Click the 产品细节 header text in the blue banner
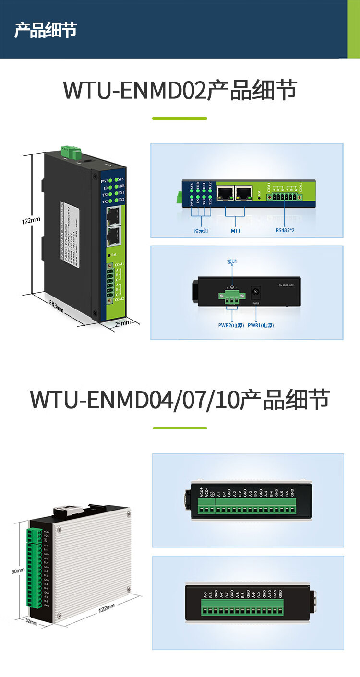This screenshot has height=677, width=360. [x=46, y=30]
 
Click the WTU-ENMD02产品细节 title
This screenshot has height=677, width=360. [x=180, y=90]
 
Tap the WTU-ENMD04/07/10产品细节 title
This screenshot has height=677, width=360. [x=180, y=399]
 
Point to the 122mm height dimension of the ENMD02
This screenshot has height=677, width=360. [x=31, y=221]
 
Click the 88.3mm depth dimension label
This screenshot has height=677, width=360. [x=56, y=306]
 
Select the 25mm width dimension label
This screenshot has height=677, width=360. [x=122, y=323]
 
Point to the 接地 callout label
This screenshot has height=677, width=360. [x=232, y=261]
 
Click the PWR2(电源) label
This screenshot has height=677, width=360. [x=231, y=325]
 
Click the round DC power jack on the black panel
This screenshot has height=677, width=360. [x=256, y=292]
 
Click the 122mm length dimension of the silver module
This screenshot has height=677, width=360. [x=106, y=608]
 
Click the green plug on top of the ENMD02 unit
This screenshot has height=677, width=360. [x=70, y=152]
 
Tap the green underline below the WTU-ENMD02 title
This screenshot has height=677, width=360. [x=180, y=118]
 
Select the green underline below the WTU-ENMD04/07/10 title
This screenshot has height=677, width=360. [x=180, y=428]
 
